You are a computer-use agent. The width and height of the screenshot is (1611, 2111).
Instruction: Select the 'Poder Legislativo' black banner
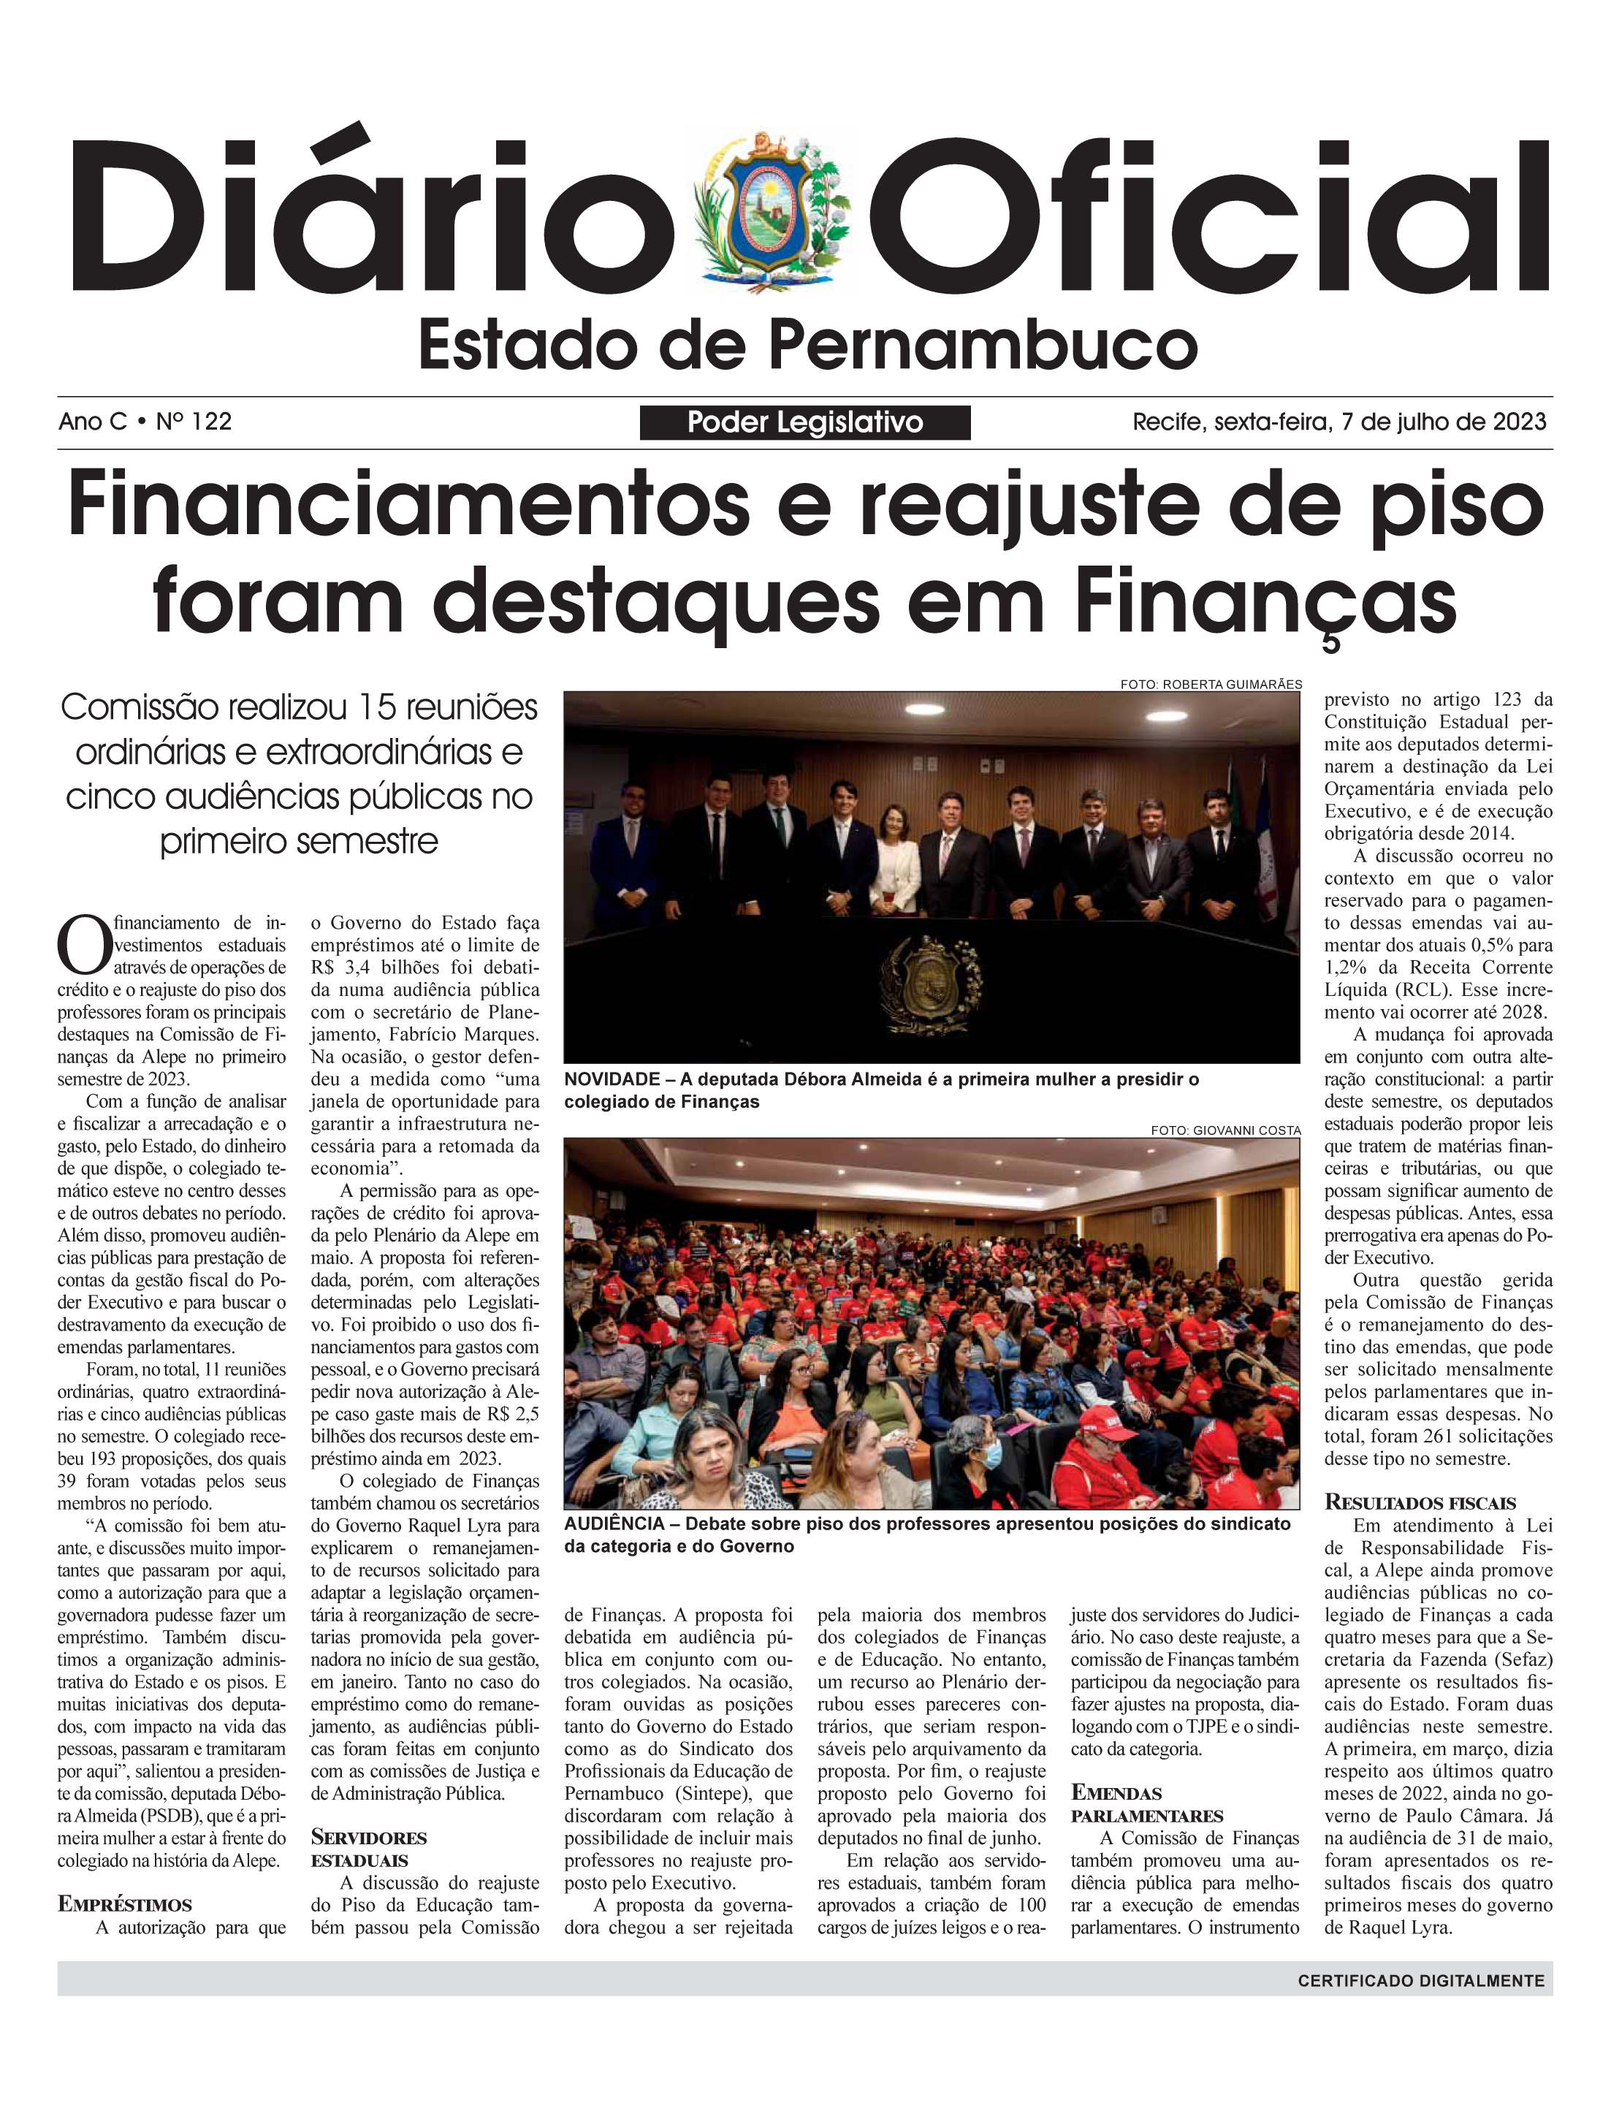coord(804,422)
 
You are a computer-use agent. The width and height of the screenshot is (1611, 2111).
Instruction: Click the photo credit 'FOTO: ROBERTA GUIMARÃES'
coord(1210,685)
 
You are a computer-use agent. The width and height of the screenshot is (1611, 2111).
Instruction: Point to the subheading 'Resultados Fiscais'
coord(1419,1503)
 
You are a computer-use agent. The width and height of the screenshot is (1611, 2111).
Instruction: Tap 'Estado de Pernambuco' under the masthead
coord(807,346)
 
